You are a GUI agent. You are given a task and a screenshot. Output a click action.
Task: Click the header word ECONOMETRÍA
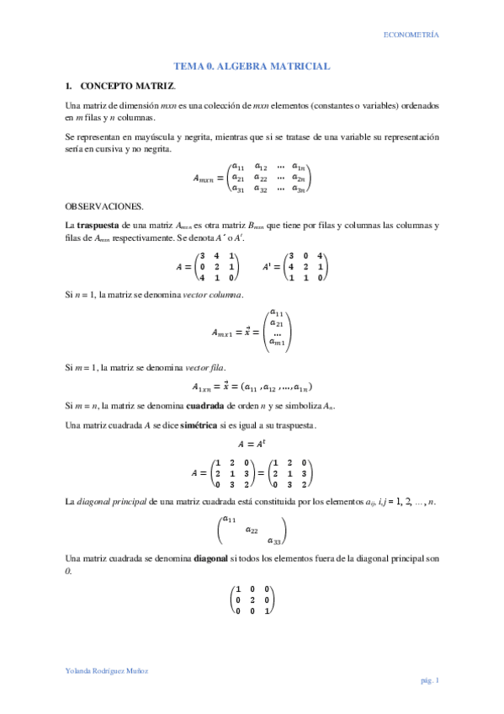pos(411,35)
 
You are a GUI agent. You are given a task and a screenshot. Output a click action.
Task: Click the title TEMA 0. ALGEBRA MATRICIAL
pos(252,66)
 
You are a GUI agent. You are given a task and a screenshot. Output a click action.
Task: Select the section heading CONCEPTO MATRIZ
pos(128,86)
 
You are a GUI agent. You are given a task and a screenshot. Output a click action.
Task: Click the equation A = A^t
pos(252,444)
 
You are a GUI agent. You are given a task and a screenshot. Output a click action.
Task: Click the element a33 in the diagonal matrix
pos(274,541)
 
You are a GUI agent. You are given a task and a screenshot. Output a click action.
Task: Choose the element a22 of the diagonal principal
pos(252,530)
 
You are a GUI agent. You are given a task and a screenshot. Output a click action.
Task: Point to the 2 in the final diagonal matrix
pos(252,599)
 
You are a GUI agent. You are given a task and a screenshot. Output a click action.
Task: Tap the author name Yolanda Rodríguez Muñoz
pos(107,670)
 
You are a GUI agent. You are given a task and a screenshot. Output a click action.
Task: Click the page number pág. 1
pos(430,679)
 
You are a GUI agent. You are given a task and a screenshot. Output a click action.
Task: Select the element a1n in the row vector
pos(299,386)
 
